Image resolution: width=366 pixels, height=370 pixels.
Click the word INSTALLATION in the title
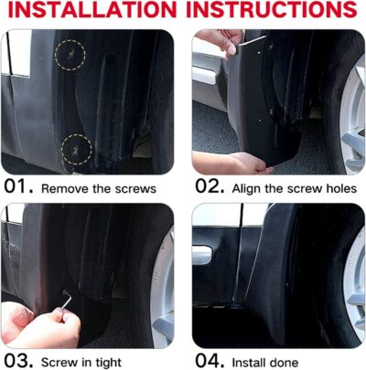click(x=92, y=12)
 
